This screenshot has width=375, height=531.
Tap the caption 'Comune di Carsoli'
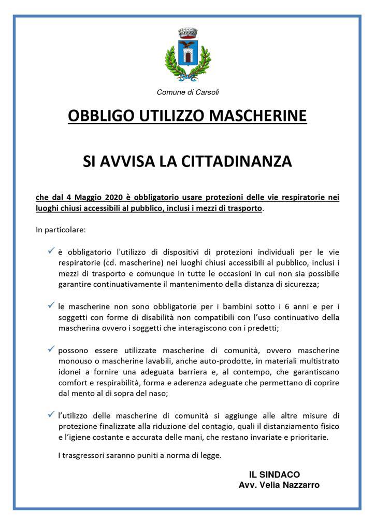click(x=187, y=92)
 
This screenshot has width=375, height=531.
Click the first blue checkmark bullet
click(x=51, y=251)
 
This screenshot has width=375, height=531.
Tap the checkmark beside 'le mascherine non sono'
click(x=51, y=305)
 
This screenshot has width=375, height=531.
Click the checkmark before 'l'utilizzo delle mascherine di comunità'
click(x=51, y=414)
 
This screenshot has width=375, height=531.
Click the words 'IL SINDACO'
click(x=274, y=474)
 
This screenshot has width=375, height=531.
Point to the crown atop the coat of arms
click(x=187, y=33)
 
